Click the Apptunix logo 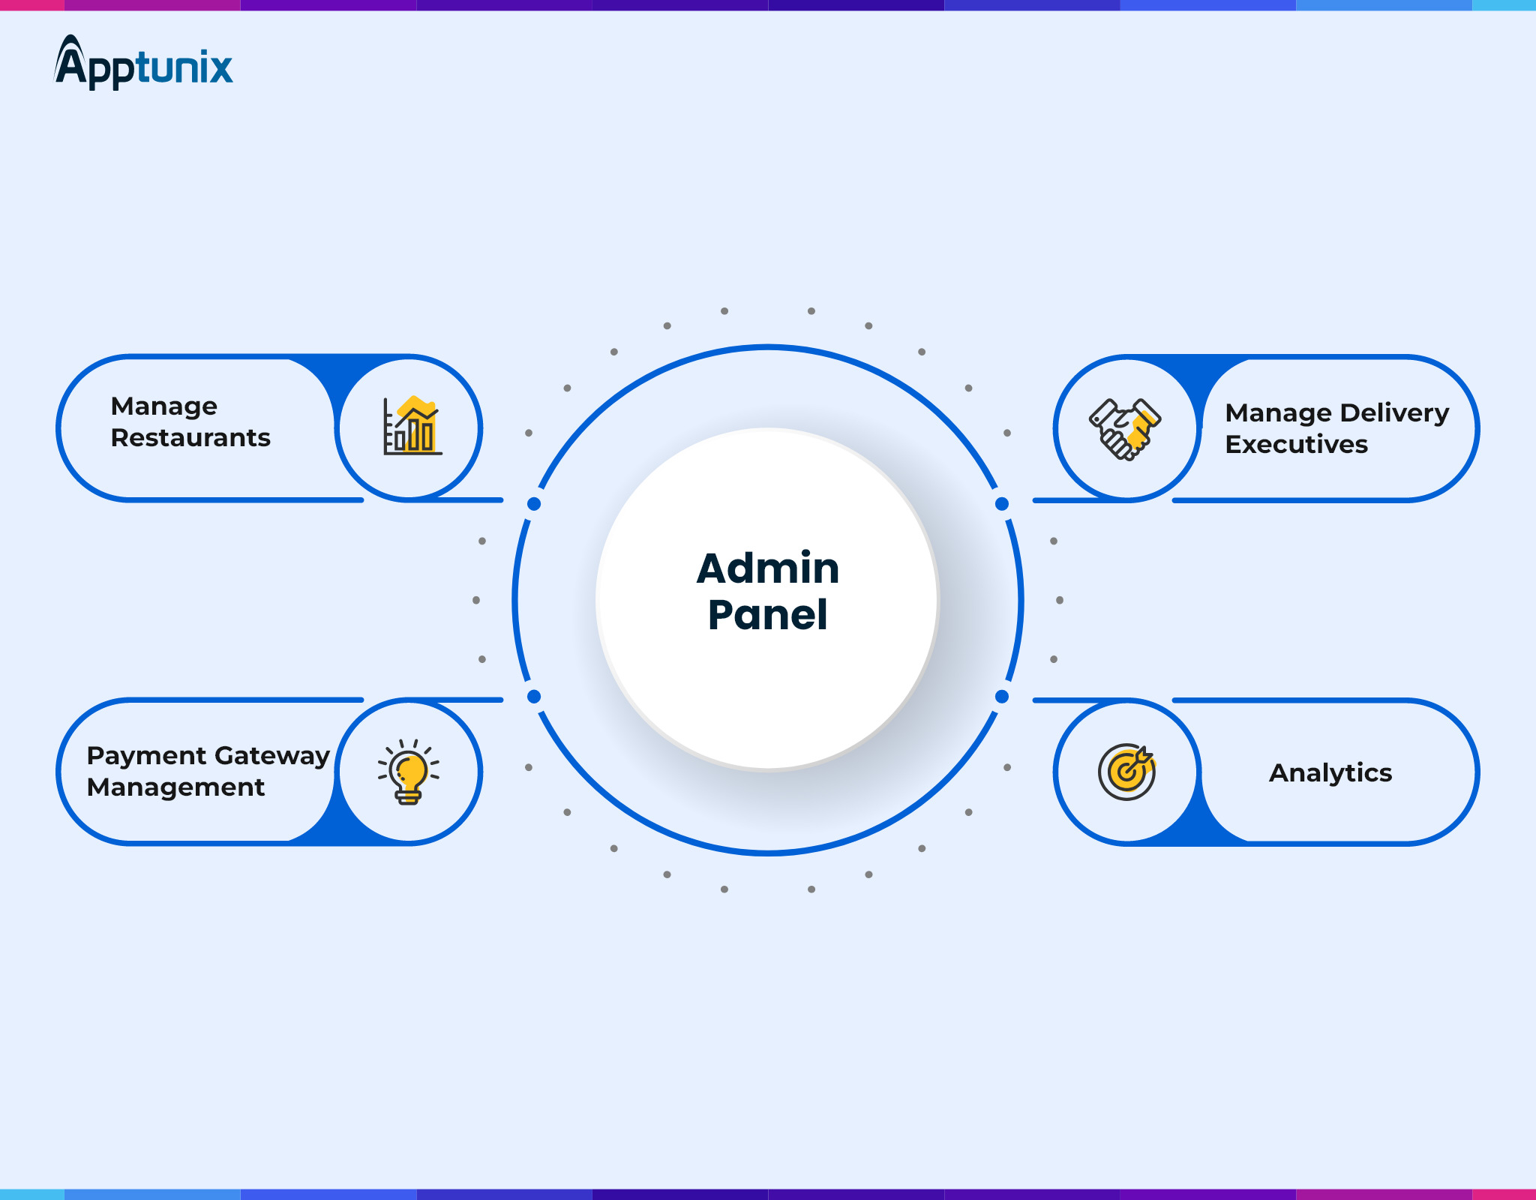click(x=143, y=64)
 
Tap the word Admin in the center click(x=767, y=568)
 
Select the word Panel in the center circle click(x=767, y=615)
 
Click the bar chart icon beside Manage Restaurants click(x=411, y=427)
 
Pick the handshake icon click(x=1125, y=428)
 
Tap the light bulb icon click(x=409, y=772)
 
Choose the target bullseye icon click(x=1126, y=772)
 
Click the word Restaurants click(x=190, y=438)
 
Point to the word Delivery click(x=1394, y=413)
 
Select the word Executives click(x=1296, y=445)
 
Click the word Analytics click(x=1330, y=773)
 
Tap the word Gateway click(x=272, y=756)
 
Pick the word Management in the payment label click(x=175, y=787)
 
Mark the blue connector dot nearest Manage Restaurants click(x=534, y=504)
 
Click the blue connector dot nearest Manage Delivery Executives click(x=1002, y=504)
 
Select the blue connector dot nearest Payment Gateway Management click(x=534, y=697)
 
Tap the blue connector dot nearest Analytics click(x=1002, y=697)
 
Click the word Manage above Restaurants click(x=163, y=406)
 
